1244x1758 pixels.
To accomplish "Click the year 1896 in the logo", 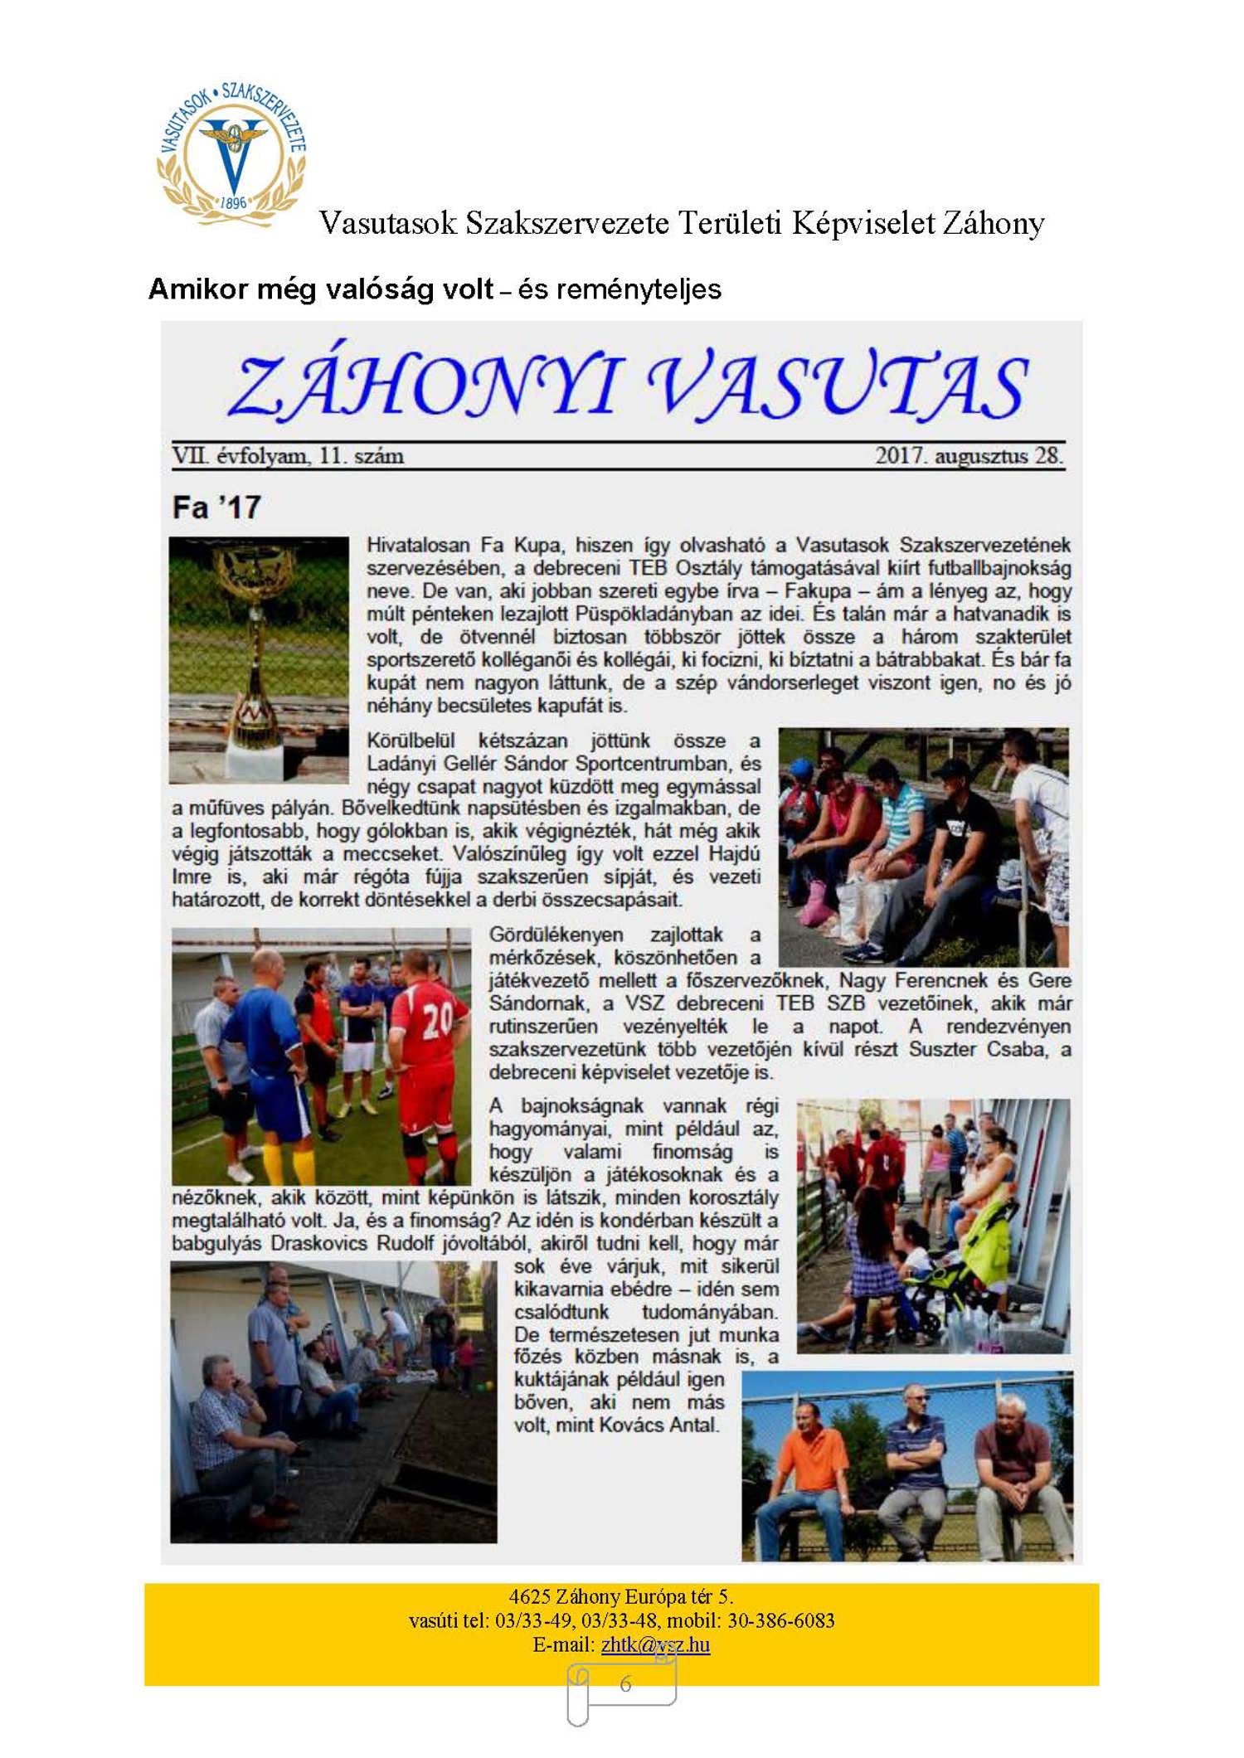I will click(x=233, y=202).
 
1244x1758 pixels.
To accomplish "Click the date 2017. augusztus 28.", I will click(x=969, y=456).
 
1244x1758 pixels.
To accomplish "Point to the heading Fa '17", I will click(x=216, y=507).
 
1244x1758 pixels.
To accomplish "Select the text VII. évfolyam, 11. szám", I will click(x=288, y=456).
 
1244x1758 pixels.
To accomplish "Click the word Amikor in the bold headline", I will click(x=198, y=289).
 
